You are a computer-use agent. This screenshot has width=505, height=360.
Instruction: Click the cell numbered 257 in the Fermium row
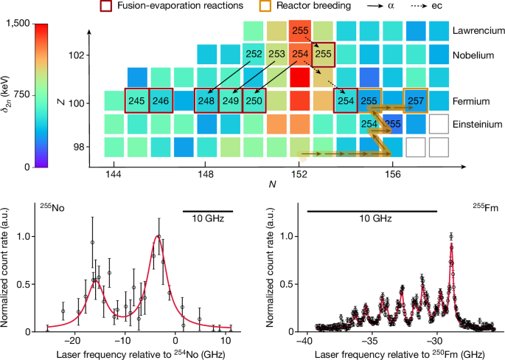416,100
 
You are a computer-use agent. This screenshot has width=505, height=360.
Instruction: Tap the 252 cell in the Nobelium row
254,55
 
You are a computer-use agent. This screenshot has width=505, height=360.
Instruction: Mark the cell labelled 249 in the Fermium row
231,100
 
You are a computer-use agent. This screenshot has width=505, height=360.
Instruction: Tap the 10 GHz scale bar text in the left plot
208,219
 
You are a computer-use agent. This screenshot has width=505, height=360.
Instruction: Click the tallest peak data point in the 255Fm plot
450,237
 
